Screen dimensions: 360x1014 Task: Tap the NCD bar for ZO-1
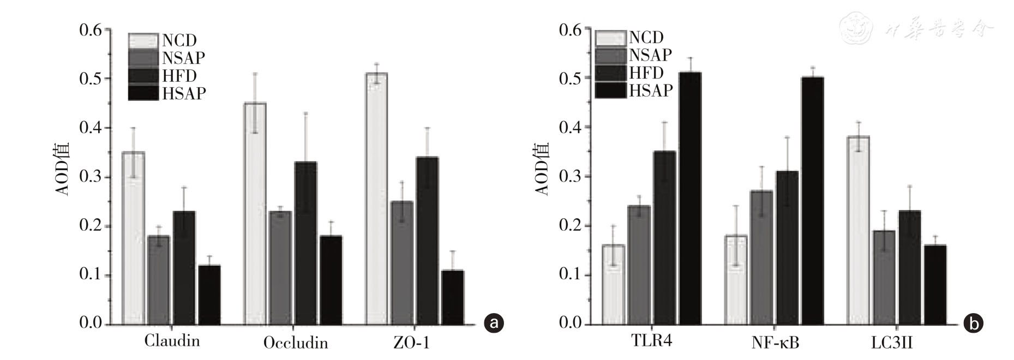[376, 199]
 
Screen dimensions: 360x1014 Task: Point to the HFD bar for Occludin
[305, 243]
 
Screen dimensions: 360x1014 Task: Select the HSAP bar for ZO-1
[452, 297]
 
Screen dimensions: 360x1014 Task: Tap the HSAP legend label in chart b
[651, 90]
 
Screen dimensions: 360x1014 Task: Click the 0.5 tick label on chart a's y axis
[91, 79]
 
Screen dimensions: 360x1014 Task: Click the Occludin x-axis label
[296, 343]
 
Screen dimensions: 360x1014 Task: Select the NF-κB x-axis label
[775, 343]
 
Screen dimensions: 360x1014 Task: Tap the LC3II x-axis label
[892, 343]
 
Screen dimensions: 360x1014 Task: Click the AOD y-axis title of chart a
[63, 169]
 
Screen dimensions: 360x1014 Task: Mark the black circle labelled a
[494, 323]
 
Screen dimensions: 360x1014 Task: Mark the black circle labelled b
[973, 323]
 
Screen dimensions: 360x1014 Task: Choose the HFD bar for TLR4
[664, 238]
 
